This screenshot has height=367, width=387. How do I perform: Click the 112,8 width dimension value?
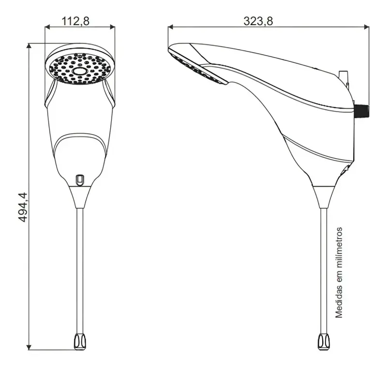[75, 21]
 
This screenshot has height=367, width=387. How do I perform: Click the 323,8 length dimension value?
[258, 21]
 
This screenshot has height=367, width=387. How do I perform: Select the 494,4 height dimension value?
[23, 207]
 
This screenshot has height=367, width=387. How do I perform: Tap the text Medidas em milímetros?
[339, 273]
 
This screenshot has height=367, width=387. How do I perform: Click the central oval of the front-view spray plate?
[79, 71]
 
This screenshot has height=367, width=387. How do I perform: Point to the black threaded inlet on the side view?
[362, 111]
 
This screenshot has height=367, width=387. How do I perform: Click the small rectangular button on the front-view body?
[80, 179]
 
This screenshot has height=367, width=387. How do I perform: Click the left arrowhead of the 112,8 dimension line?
[47, 27]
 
